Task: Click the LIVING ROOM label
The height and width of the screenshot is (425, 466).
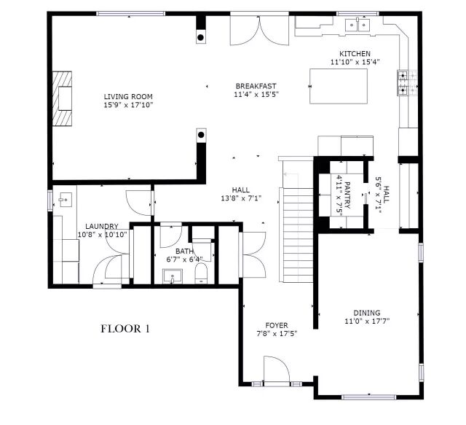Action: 128,97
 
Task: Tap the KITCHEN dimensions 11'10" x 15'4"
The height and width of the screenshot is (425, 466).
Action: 355,62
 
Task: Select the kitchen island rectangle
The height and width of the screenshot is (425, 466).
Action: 339,86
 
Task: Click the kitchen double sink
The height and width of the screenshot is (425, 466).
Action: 358,25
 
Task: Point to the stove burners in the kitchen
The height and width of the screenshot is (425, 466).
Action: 403,82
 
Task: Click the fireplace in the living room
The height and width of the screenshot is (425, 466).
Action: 63,98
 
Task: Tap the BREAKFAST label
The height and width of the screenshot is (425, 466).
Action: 256,86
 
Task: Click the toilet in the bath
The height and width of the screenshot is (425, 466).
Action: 201,273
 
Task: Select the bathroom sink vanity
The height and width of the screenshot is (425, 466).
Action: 173,276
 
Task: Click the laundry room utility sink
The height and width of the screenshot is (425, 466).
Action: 66,200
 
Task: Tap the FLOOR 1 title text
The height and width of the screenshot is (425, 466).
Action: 125,329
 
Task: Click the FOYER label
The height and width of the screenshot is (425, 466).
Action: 277,325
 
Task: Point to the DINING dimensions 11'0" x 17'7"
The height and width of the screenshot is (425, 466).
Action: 367,321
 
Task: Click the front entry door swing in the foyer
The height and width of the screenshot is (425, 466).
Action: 277,368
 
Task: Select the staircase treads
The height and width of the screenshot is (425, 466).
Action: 296,235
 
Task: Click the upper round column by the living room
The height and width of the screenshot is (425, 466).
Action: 201,37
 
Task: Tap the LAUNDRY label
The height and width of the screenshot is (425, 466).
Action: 102,226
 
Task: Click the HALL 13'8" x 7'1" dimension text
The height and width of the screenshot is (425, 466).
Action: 241,198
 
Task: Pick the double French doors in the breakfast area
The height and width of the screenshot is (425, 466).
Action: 259,31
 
